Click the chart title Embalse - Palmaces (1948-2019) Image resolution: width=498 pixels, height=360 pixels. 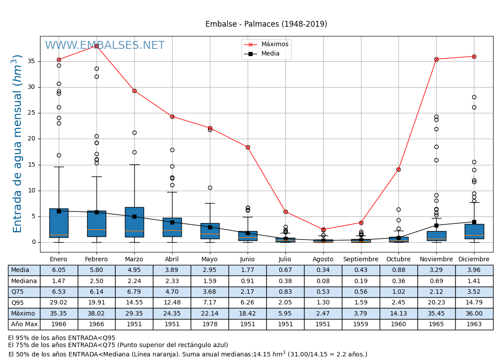[x=266, y=24]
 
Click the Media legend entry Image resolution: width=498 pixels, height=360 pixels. [x=270, y=54]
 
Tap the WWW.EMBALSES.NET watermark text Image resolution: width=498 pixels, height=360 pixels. [x=104, y=46]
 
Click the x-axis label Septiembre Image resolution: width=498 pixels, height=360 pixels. [x=361, y=260]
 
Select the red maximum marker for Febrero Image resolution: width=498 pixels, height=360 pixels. [x=96, y=46]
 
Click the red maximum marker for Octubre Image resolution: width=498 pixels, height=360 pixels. [x=398, y=169]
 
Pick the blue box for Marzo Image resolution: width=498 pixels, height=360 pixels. [x=134, y=222]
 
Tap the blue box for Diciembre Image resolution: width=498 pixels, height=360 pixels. [x=474, y=231]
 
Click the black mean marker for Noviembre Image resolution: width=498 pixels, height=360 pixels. [x=436, y=225]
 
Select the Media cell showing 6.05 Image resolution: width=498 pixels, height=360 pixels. [x=59, y=270]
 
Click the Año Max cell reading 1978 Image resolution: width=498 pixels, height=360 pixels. [x=209, y=324]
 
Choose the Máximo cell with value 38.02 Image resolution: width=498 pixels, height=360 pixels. [x=96, y=314]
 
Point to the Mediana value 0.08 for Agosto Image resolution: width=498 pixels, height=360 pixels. [x=323, y=281]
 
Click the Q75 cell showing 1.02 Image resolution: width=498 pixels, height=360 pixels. [x=398, y=292]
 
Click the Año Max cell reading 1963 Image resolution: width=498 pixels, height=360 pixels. [x=474, y=324]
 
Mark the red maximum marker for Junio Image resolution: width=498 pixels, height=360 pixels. [x=248, y=147]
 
